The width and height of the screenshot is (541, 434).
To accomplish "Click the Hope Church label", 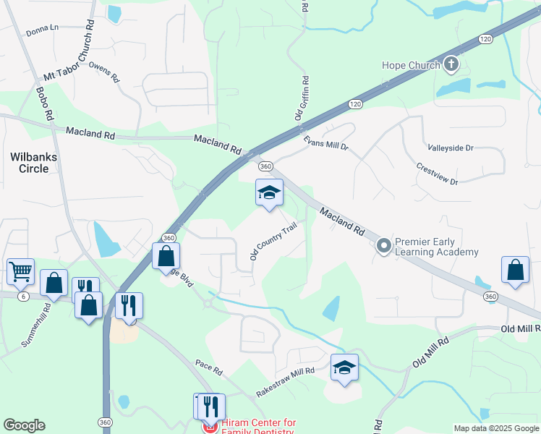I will [x=411, y=66].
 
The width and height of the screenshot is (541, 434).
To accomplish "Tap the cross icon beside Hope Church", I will [x=451, y=65].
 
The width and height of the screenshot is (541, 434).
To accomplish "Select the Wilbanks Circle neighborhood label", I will [x=30, y=162].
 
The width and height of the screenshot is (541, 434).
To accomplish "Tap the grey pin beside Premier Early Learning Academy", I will [x=383, y=247].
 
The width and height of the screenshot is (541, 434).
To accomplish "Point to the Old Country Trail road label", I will [x=273, y=241].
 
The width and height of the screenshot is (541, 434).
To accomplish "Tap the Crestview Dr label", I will [x=437, y=172].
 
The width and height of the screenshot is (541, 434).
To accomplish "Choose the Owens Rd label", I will [x=105, y=73].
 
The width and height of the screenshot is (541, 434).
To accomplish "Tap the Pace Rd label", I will [x=208, y=367].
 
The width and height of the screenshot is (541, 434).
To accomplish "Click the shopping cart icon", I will [x=20, y=272].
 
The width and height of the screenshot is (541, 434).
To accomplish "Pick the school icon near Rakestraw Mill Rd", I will [x=345, y=367].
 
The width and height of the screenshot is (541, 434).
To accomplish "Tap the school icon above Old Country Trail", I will [x=269, y=193].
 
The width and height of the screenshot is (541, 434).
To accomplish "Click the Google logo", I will [x=25, y=425].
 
